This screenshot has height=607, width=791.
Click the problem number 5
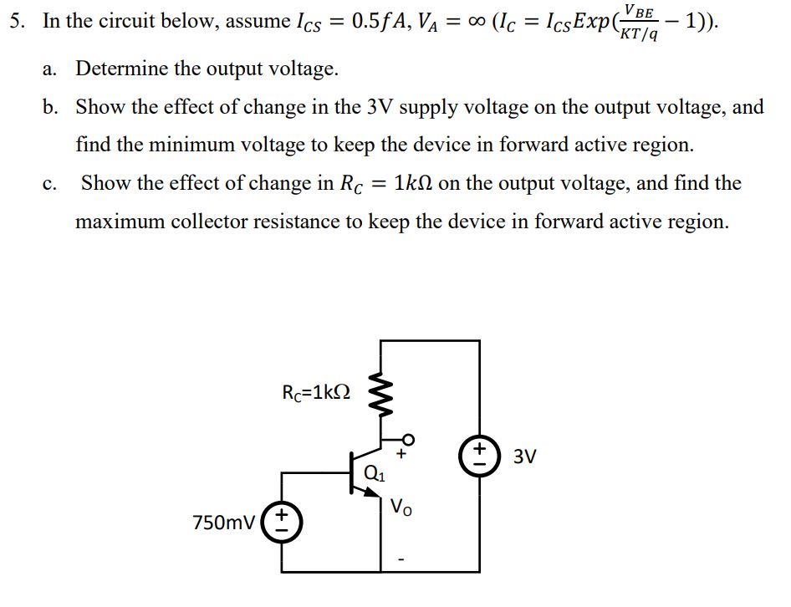click(14, 21)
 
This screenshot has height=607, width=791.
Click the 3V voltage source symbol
click(479, 457)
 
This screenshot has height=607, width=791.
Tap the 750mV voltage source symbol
click(282, 521)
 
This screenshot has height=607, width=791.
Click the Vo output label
click(401, 508)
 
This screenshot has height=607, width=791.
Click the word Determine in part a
click(125, 68)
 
